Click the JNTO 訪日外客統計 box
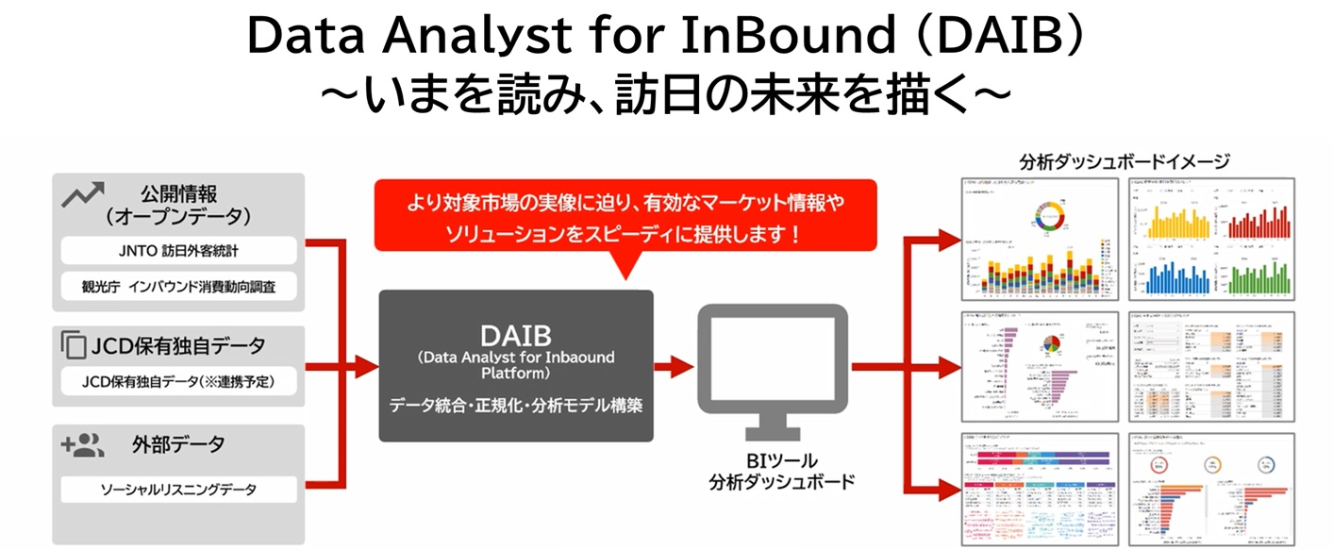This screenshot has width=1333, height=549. click(178, 251)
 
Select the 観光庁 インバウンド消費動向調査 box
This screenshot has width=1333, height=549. click(178, 286)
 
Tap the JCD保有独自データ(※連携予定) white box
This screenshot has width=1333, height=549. click(178, 381)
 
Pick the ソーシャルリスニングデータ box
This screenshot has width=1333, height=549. click(178, 490)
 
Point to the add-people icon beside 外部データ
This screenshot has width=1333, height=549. click(82, 444)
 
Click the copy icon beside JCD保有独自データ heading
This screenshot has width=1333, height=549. click(73, 345)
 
